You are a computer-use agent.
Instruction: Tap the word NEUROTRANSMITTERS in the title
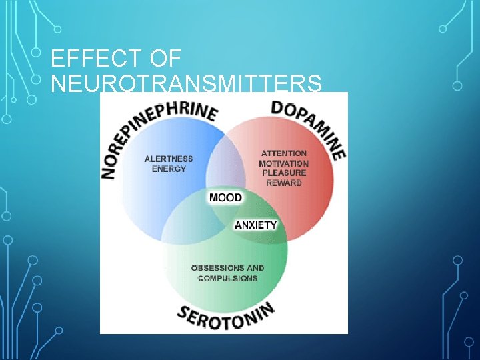[x=186, y=85]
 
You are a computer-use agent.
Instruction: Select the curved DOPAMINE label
[x=310, y=125]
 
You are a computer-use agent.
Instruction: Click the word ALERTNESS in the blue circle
[x=169, y=159]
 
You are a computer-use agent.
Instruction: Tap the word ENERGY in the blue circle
[x=169, y=169]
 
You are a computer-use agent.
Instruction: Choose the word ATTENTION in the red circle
[x=284, y=153]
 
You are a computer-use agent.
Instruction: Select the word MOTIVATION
[x=284, y=163]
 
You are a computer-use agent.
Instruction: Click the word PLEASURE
[x=284, y=173]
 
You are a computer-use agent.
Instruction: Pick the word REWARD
[x=284, y=183]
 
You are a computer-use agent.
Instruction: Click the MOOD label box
[x=225, y=198]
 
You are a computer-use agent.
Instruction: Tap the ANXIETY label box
[x=255, y=225]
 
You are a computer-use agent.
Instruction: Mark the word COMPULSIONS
[x=227, y=278]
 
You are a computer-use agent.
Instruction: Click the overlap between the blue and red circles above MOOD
[x=225, y=163]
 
